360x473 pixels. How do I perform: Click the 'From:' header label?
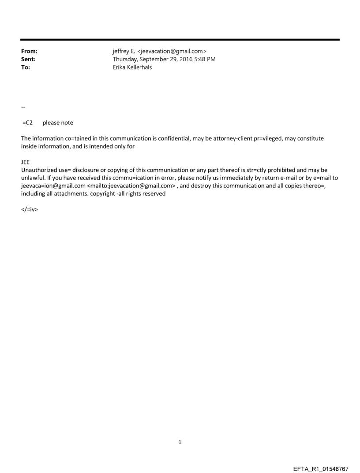[29, 52]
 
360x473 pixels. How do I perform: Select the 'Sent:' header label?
[28, 60]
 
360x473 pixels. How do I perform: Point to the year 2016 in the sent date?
[182, 60]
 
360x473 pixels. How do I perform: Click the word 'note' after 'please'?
[66, 123]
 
